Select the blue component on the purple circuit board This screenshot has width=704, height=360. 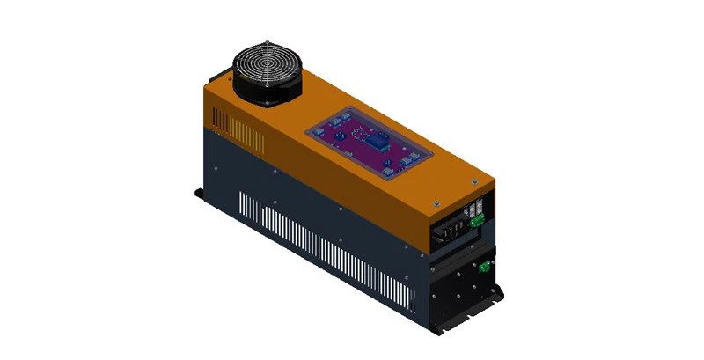[375, 143]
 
